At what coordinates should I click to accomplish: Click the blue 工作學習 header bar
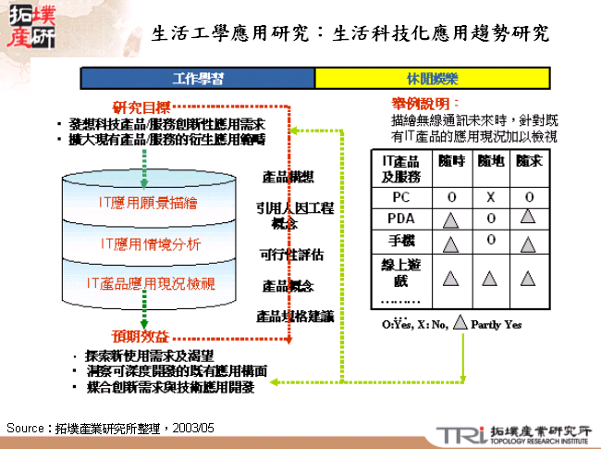pos(197,77)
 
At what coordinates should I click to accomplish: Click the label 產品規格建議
pos(295,317)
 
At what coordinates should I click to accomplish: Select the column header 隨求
pos(529,162)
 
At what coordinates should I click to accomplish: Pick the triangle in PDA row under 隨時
pos(451,220)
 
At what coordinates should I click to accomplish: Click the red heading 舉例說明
pos(425,104)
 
